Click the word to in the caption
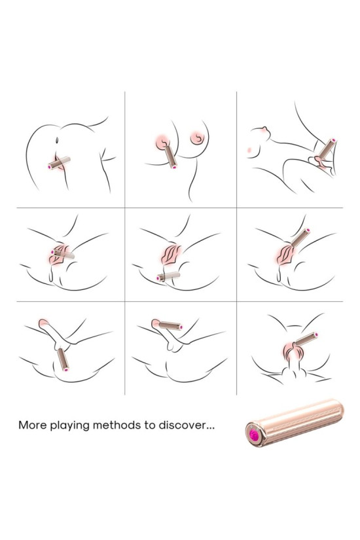(150, 425)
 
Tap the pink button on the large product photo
(255, 437)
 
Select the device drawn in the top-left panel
(60, 163)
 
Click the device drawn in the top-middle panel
(171, 156)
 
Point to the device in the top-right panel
(327, 149)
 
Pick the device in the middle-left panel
(62, 254)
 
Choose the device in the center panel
(168, 276)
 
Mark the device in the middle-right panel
(300, 238)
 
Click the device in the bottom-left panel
(63, 359)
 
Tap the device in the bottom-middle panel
(170, 325)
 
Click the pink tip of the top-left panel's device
(50, 167)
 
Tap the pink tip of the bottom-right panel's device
(315, 334)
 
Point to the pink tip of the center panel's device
(159, 279)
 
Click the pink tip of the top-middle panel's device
(174, 167)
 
